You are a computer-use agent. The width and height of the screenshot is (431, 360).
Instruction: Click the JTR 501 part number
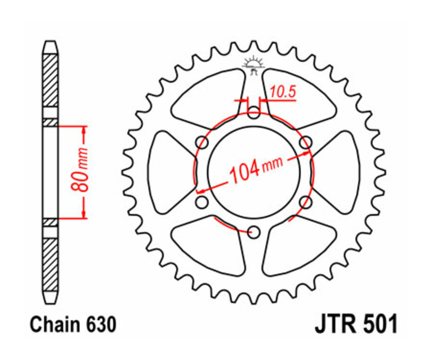point(355,324)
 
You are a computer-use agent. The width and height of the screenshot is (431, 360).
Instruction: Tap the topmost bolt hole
point(254,113)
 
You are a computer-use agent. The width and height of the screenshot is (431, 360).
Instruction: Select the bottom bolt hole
point(254,233)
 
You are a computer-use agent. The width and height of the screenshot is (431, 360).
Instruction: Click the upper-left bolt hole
point(203,143)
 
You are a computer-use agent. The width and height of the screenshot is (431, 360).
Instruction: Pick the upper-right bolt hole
point(306,143)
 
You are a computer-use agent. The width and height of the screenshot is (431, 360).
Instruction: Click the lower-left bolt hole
point(202,202)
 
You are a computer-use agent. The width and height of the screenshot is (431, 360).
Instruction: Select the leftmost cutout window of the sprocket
point(167,172)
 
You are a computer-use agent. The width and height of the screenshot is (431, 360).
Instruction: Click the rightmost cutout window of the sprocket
point(340,172)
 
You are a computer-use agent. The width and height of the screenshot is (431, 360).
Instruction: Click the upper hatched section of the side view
point(50,79)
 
